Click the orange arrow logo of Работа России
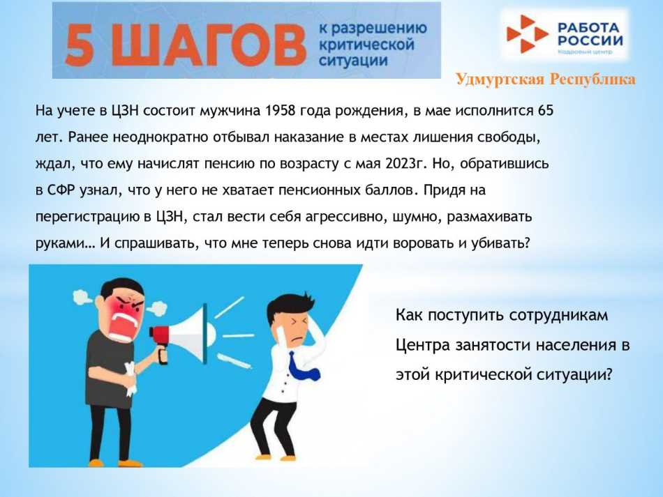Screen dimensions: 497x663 (528, 34)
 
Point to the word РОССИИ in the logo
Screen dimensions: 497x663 (588, 40)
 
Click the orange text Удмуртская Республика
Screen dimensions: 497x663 (545, 79)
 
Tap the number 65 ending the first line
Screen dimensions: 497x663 (546, 112)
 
